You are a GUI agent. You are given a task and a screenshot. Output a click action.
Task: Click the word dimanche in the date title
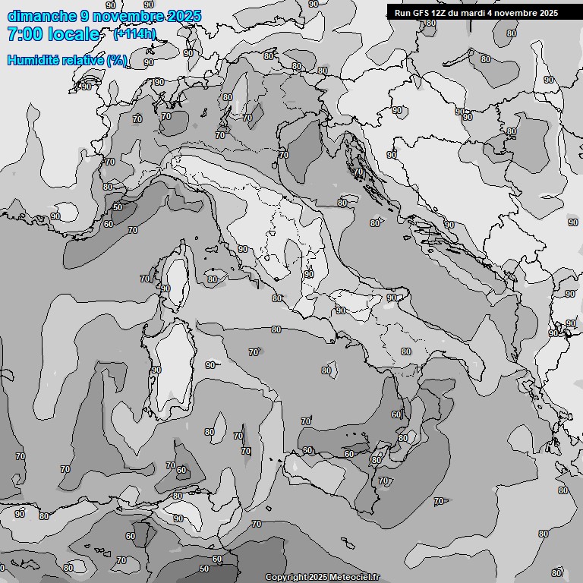42,16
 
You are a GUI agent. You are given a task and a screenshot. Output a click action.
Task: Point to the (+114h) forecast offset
134,33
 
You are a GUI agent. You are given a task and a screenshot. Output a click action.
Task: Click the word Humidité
34,60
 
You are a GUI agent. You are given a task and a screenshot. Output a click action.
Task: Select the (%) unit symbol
116,60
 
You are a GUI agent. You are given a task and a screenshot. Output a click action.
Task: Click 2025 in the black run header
546,13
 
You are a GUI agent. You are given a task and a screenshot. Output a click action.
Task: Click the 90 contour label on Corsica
165,288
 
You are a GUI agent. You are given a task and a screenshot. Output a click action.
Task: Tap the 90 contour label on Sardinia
156,370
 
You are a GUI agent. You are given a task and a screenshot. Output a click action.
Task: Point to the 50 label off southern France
118,207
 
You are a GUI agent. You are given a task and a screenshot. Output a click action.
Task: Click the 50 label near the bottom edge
204,569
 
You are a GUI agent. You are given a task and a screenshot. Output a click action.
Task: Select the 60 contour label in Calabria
395,414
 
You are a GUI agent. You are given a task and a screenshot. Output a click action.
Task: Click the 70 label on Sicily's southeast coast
383,481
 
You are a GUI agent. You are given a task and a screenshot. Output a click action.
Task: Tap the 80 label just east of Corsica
212,279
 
